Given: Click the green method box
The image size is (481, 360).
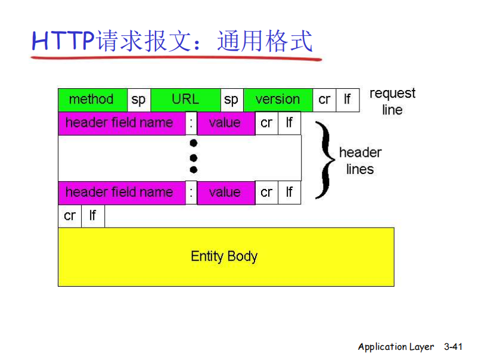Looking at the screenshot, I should point(92,100).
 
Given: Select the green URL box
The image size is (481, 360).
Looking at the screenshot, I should point(185,100).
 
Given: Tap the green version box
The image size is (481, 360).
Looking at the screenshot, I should point(278,100).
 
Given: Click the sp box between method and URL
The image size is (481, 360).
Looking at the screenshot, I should point(139,100).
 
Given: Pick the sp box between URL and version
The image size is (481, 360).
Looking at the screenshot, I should point(232,100).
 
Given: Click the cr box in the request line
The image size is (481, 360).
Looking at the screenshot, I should point(324,100).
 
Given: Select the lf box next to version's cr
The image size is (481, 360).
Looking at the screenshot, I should point(347,100).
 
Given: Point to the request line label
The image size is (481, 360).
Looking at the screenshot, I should point(392,101).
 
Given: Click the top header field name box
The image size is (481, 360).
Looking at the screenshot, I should point(121,123).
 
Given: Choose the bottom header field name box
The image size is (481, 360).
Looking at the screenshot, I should point(121,193).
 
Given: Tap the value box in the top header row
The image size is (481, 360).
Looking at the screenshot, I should point(225,123).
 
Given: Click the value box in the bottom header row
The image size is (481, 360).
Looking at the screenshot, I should point(225,193).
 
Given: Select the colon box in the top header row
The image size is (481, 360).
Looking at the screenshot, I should point(191,123).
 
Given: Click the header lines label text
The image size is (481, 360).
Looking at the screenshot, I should point(360,161).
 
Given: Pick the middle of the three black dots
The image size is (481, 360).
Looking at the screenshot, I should point(193,157).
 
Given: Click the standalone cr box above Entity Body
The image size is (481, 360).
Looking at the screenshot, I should point(70,216).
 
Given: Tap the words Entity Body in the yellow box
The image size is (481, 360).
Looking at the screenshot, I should point(224,257).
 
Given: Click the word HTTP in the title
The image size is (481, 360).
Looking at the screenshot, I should point(63,41).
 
